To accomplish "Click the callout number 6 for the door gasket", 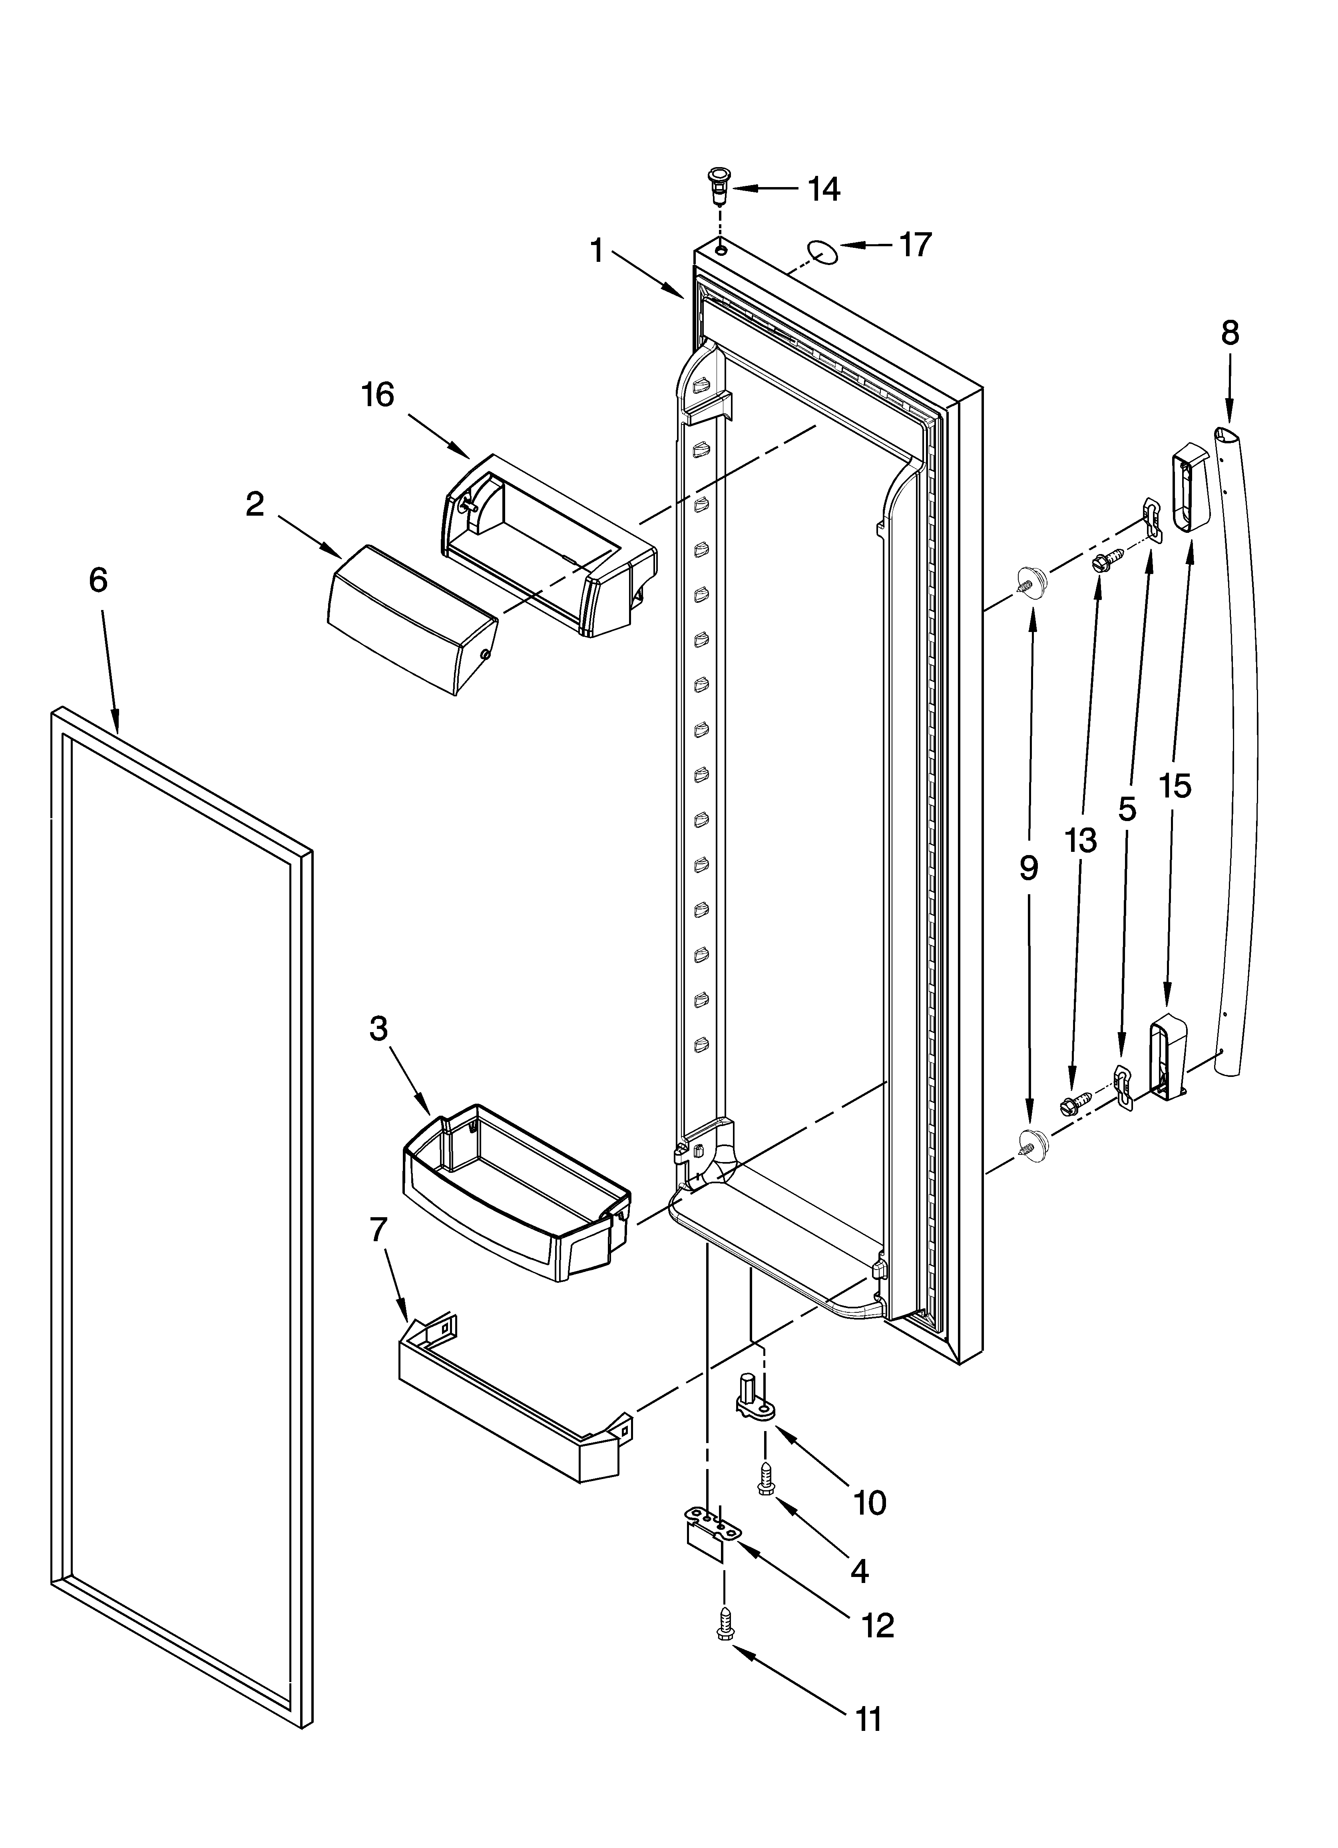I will (98, 580).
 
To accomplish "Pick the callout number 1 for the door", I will (597, 250).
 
